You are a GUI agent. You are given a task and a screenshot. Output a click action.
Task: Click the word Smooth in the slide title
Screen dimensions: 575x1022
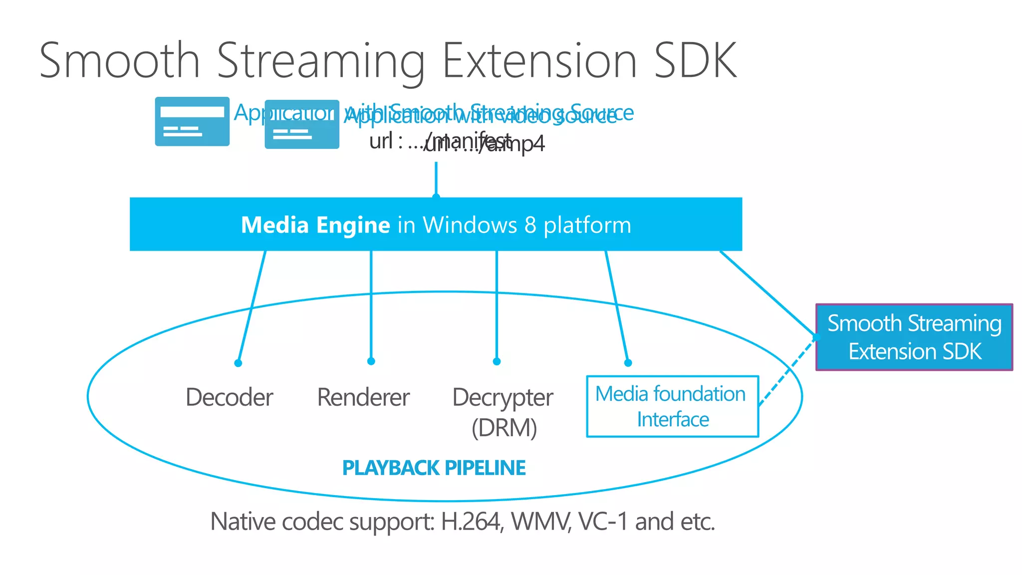[120, 61]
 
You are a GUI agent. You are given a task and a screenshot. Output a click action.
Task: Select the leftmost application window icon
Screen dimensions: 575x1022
[192, 121]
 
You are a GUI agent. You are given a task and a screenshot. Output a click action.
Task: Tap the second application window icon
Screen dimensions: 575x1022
[301, 125]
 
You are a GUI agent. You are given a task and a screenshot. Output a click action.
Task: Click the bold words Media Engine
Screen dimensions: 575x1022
[315, 225]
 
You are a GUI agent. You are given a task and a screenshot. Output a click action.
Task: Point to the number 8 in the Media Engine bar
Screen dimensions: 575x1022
[530, 225]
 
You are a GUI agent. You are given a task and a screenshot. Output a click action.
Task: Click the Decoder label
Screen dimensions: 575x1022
[229, 397]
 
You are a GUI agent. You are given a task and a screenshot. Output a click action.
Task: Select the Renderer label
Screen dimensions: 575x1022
[363, 397]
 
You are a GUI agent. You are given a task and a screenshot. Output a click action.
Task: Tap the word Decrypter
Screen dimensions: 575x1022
[503, 398]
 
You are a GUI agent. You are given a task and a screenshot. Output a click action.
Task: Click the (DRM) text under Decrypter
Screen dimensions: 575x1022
[504, 428]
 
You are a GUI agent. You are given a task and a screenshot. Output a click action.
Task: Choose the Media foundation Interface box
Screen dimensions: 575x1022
[672, 406]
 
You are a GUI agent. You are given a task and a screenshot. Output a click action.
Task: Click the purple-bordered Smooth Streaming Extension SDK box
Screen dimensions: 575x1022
[914, 337]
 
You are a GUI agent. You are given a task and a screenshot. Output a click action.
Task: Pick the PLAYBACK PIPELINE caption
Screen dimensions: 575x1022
[434, 468]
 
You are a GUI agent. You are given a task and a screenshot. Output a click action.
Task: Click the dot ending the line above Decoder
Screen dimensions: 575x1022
[238, 363]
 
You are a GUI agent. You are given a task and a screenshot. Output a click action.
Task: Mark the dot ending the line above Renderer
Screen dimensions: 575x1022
[371, 361]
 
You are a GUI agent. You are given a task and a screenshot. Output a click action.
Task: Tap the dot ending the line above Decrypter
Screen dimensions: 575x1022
[497, 361]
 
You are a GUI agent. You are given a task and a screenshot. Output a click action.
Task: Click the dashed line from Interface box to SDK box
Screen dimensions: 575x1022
[787, 372]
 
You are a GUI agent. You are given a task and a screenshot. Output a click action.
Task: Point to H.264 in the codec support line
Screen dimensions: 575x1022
[471, 522]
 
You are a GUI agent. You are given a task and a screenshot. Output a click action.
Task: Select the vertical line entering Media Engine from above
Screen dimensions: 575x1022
[436, 179]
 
